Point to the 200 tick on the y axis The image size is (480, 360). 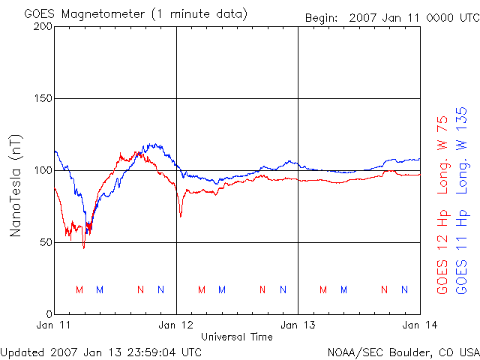[x=42, y=26]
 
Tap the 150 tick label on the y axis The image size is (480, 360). [x=42, y=98]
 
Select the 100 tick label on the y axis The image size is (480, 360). [x=42, y=170]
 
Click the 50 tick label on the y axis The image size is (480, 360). [x=45, y=242]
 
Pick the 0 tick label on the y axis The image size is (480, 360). [x=48, y=314]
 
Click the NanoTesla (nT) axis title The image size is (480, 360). [x=16, y=185]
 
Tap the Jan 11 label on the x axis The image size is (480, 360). [x=55, y=325]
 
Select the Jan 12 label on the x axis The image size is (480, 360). [x=176, y=325]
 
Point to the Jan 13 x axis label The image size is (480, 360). [x=298, y=325]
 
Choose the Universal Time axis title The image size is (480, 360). [x=237, y=337]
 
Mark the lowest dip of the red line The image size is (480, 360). [x=84, y=247]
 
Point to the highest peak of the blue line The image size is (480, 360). [x=154, y=144]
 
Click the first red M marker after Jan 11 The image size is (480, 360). [x=79, y=289]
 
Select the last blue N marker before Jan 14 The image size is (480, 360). [x=405, y=289]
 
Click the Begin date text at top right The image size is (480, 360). [x=391, y=17]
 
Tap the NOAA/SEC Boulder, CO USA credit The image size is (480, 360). [x=403, y=351]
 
